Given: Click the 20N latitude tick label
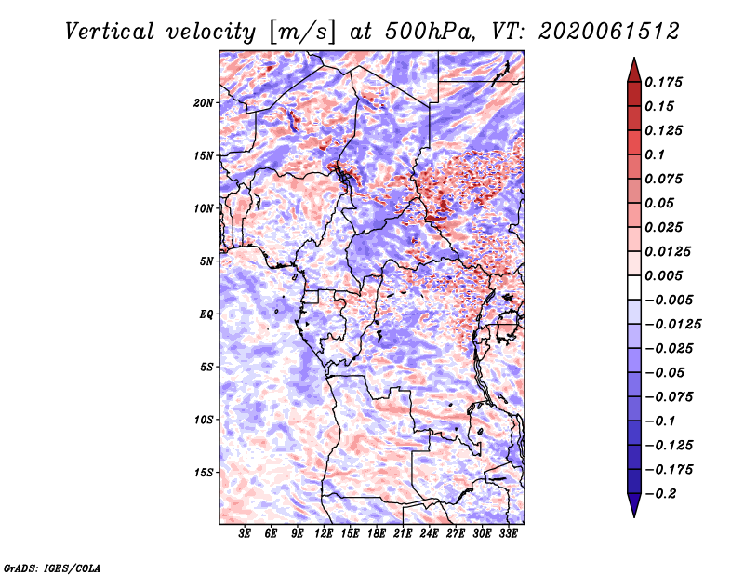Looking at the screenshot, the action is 203,103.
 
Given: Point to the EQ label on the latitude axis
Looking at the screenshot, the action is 206,314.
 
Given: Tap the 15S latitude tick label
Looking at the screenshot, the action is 203,473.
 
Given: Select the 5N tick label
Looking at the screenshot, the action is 206,261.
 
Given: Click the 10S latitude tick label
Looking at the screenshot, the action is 203,420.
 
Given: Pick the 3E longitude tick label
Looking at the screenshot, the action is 245,534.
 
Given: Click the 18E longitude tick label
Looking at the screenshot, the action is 377,534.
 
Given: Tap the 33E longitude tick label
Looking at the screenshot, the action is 508,534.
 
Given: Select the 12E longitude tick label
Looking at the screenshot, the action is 324,534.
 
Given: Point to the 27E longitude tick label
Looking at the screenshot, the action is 456,534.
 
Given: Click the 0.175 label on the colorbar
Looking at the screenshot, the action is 664,82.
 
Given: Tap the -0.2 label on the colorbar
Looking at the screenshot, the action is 661,494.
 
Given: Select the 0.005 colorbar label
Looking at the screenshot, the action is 664,275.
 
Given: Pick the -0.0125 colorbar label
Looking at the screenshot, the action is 673,325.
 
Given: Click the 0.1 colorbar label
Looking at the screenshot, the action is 656,154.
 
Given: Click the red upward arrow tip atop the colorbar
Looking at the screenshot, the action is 634,59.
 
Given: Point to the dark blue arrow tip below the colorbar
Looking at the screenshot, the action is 634,515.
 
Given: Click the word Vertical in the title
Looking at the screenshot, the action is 110,32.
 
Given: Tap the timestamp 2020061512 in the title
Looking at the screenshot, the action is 609,32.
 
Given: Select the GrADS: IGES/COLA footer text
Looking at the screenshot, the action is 52,568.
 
